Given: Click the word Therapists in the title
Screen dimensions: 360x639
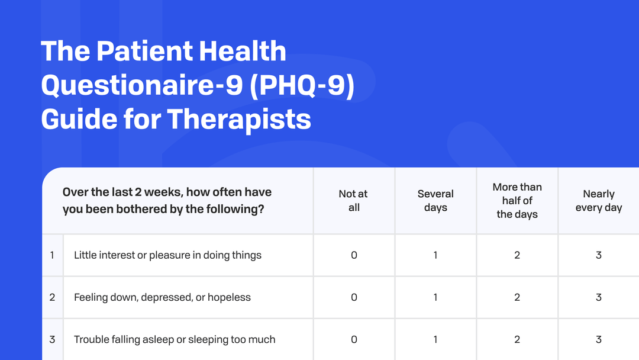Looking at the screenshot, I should point(239,119).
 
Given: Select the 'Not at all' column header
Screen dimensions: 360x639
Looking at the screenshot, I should point(354,201).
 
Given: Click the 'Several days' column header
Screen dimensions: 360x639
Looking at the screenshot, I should point(435,201).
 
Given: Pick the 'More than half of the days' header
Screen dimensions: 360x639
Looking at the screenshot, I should point(517,201).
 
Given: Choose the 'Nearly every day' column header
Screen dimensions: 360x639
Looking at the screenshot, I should point(599,201).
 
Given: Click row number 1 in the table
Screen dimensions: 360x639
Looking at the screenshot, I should point(52,255).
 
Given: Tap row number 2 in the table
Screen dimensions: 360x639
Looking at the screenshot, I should point(52,297).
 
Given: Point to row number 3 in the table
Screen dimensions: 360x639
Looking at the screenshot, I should point(52,339).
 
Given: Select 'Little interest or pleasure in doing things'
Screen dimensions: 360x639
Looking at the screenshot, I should point(167,255).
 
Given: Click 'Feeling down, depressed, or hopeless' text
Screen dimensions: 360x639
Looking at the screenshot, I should point(162,297).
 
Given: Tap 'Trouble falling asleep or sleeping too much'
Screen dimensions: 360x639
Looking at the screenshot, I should point(175,339).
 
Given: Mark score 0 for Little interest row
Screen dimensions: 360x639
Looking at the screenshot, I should point(354,255).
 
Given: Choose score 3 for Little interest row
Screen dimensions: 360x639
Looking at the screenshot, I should point(599,255).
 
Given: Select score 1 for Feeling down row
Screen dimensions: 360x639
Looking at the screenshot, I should point(435,297).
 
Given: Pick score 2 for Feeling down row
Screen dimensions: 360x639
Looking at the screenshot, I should point(517,297).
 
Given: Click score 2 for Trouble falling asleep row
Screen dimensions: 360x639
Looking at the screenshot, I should point(517,339).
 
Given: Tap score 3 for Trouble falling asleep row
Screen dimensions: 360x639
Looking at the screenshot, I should point(599,339).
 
